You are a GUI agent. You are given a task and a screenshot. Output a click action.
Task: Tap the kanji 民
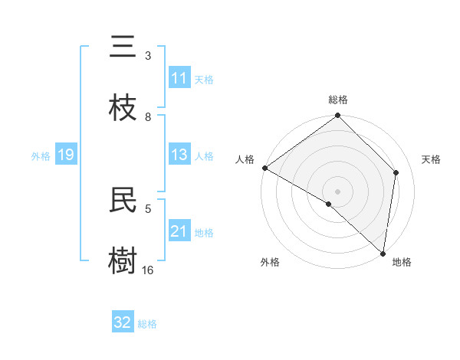tap(123, 199)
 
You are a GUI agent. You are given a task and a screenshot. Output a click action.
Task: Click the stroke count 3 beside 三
tap(148, 56)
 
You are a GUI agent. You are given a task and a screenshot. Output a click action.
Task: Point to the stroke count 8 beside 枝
tap(148, 116)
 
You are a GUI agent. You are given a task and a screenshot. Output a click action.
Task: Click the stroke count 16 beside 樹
tap(148, 270)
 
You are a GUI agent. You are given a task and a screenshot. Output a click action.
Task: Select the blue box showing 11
tap(179, 78)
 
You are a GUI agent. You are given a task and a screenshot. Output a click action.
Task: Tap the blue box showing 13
tap(179, 155)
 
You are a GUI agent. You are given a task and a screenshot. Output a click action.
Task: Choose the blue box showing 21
tap(179, 231)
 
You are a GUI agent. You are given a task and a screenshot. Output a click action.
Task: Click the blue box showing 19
tap(66, 155)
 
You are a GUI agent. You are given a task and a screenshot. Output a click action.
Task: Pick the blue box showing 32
tap(123, 322)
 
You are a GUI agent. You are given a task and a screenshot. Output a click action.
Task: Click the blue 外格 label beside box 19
tap(41, 155)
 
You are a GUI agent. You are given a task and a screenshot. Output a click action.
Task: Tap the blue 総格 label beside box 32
tap(147, 323)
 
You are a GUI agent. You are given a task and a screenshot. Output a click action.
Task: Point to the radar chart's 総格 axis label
tap(338, 100)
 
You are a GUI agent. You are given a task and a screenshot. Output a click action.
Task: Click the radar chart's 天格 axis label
tap(431, 159)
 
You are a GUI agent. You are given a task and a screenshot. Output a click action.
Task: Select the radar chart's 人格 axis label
tap(245, 159)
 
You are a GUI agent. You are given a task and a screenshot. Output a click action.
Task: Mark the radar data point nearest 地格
tap(383, 254)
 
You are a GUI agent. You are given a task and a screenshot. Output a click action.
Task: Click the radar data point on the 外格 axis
tap(329, 204)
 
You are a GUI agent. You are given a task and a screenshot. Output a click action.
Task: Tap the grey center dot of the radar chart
tap(338, 191)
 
